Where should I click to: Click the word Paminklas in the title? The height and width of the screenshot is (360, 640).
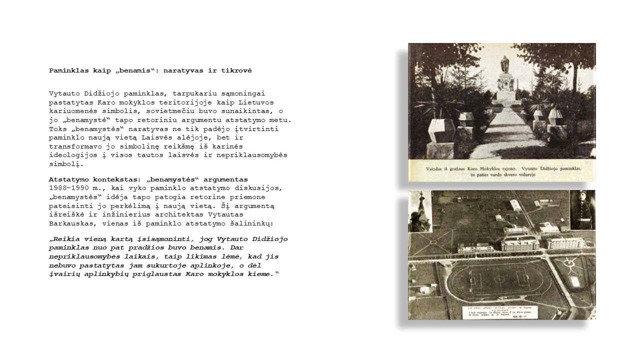[x=68, y=70]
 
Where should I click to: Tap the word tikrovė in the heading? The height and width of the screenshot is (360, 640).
[x=236, y=70]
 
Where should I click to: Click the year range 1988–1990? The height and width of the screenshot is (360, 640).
[x=68, y=188]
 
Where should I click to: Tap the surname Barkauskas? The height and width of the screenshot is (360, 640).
[x=71, y=223]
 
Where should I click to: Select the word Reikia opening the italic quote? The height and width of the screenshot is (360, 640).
[x=64, y=239]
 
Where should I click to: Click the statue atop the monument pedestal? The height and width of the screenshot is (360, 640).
[x=504, y=64]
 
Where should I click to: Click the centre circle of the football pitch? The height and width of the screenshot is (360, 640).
[x=499, y=278]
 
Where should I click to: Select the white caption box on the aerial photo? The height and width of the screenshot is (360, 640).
[x=500, y=312]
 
